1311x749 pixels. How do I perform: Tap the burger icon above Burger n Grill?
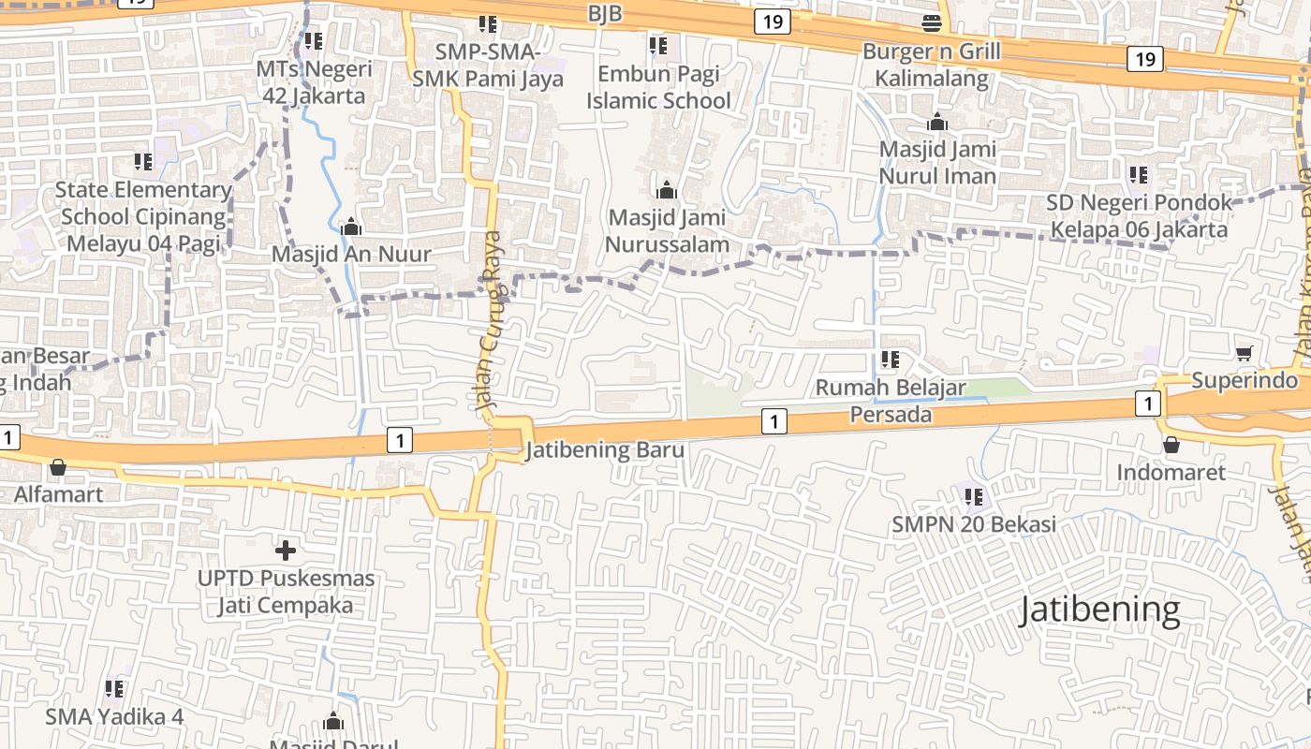[932, 22]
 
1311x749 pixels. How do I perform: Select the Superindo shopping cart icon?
[1245, 353]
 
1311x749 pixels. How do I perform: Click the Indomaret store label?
[1171, 472]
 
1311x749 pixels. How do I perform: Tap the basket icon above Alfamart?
[58, 466]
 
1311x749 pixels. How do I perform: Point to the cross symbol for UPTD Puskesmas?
[286, 550]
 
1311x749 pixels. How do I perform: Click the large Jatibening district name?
[1099, 609]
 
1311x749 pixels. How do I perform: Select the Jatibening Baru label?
[605, 450]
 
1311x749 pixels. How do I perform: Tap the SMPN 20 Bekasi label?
[974, 524]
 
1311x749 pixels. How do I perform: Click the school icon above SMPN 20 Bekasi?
[974, 496]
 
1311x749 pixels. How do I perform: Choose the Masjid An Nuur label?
[351, 254]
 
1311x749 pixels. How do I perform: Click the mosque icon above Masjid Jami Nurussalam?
[667, 190]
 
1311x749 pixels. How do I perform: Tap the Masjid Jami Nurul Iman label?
[937, 162]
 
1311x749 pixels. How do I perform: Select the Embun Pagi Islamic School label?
[658, 87]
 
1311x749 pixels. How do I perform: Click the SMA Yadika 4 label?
[114, 717]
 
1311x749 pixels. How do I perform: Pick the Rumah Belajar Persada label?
[891, 401]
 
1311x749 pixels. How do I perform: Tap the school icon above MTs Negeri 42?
[314, 41]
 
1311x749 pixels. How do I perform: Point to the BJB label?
[605, 14]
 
